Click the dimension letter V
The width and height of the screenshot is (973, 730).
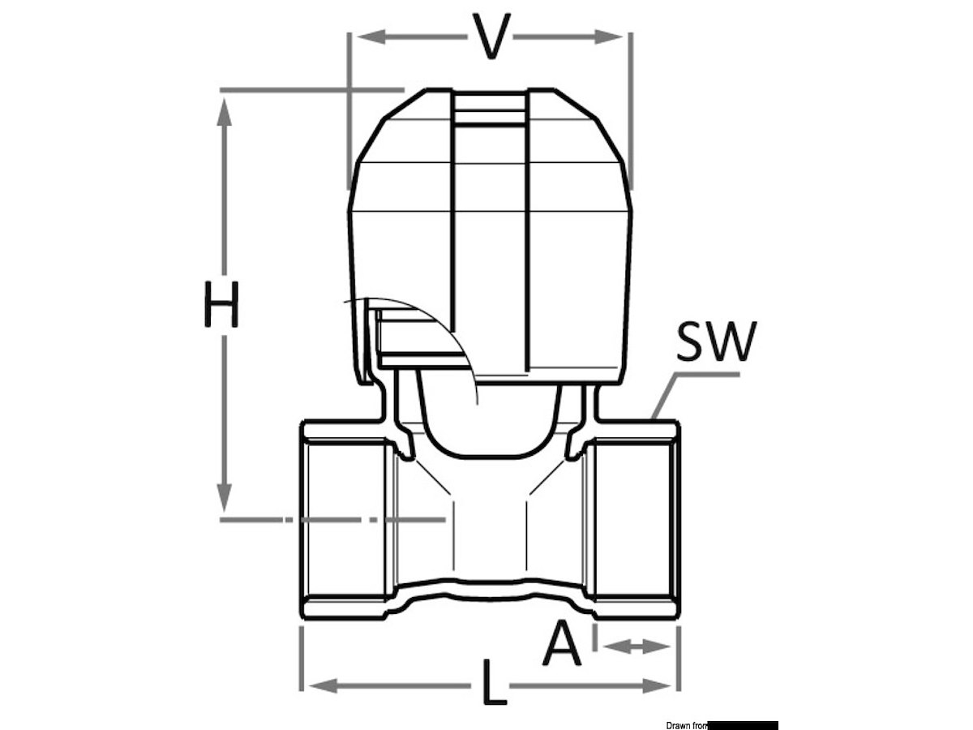491,36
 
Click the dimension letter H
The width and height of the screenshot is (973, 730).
221,304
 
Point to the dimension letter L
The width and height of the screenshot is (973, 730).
493,682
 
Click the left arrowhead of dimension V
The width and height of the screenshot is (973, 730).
371,36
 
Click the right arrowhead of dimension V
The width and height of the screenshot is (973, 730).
609,36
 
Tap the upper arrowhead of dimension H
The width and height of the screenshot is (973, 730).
225,113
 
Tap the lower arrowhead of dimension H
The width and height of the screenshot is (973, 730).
225,497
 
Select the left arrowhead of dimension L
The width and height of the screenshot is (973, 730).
324,686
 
